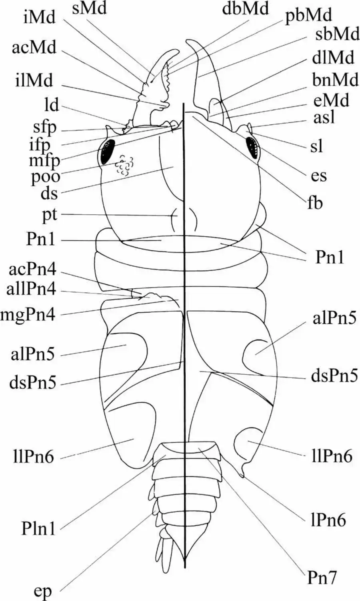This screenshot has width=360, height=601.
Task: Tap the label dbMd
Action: click(x=246, y=9)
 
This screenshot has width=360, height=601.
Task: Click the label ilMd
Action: click(x=35, y=81)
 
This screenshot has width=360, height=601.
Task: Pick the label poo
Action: click(x=46, y=176)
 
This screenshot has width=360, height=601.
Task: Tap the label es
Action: click(x=318, y=175)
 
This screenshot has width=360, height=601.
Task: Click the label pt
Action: click(x=49, y=215)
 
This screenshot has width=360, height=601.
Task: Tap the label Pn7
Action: click(x=322, y=577)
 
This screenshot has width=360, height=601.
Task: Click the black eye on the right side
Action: click(x=252, y=147)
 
